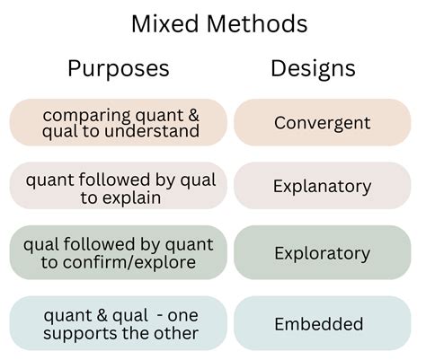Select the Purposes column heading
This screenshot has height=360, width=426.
tap(118, 68)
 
